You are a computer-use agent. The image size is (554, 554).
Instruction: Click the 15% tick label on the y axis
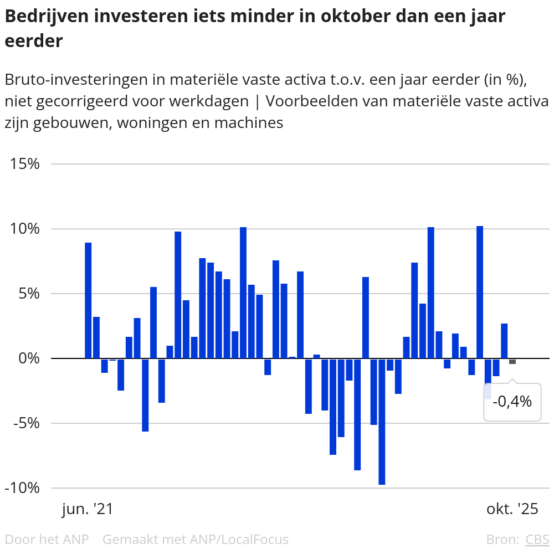point(24,164)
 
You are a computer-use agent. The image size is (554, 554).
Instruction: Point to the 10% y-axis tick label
point(24,229)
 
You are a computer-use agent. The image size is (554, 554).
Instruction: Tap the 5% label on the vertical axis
point(28,294)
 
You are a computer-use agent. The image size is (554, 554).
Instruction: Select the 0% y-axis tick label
point(28,358)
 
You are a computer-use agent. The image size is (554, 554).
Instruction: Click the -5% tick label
point(25,423)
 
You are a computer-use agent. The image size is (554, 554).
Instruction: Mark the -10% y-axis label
point(22,488)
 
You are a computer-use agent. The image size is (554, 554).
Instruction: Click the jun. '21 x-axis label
point(88,509)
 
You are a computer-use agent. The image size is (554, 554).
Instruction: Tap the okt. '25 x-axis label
point(512,509)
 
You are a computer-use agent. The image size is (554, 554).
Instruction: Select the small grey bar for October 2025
point(512,361)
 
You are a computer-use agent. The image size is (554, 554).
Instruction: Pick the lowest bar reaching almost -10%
point(382,421)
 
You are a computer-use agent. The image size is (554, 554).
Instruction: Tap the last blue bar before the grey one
point(504,341)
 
